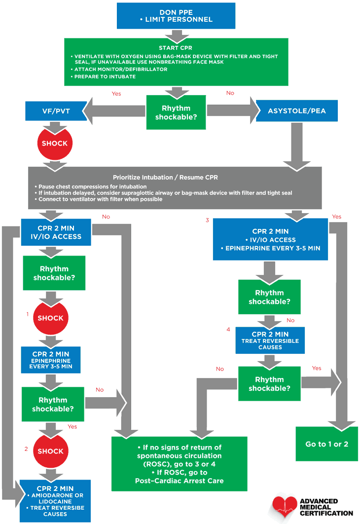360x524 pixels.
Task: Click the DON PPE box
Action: pyautogui.click(x=179, y=15)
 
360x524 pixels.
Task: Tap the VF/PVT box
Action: pyautogui.click(x=56, y=111)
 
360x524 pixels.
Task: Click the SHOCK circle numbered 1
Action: pyautogui.click(x=50, y=318)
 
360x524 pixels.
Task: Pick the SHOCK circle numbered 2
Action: pyautogui.click(x=50, y=451)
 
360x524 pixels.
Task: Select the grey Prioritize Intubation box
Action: pyautogui.click(x=175, y=188)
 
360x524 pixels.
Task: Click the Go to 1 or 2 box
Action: pyautogui.click(x=326, y=444)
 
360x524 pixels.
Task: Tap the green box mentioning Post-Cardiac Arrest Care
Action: pyautogui.click(x=179, y=464)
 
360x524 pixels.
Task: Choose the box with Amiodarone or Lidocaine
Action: pyautogui.click(x=55, y=501)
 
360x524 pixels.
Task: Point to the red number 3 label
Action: pyautogui.click(x=208, y=220)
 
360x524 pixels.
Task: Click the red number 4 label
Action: pyautogui.click(x=228, y=330)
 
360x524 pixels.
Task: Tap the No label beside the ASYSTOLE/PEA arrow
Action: pyautogui.click(x=230, y=93)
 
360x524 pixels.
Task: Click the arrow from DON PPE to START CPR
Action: pyautogui.click(x=176, y=35)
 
